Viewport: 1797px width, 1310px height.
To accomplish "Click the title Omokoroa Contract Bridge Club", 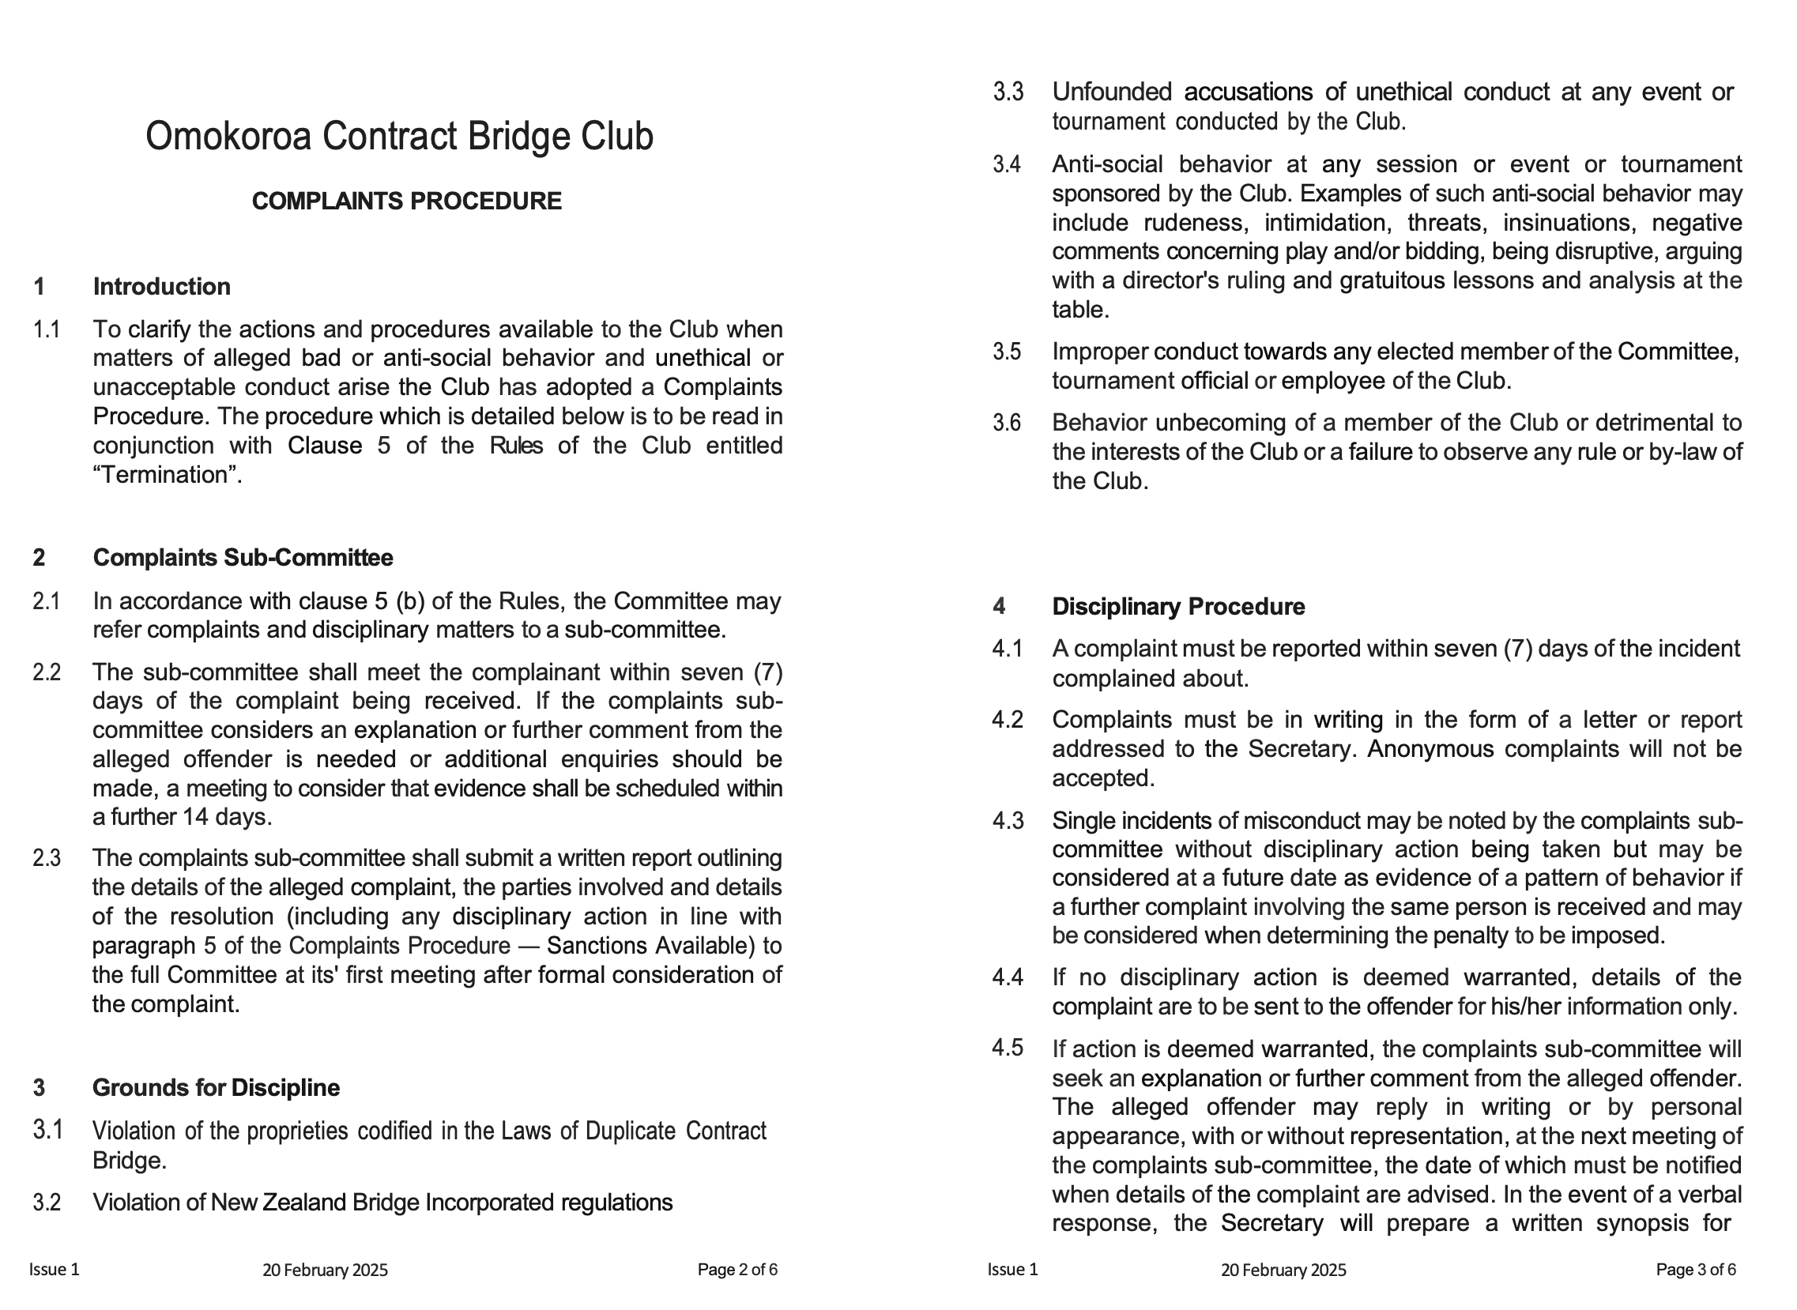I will point(399,137).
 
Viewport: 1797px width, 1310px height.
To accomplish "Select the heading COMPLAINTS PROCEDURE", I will point(406,201).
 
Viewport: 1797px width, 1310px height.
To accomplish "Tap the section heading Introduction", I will point(162,287).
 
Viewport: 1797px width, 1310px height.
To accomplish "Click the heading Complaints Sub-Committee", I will point(243,559).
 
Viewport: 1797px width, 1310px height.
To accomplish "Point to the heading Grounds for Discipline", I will point(216,1088).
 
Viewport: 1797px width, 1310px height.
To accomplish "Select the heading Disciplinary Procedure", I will point(1177,608).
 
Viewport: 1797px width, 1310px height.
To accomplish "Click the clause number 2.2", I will point(47,672).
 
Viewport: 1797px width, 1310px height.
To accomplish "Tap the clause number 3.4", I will point(1007,165).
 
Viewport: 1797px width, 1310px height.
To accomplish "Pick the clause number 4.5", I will point(1007,1049).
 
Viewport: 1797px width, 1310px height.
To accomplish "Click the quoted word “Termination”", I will point(167,476).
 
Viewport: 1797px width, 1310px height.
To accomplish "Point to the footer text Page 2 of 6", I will point(737,1270).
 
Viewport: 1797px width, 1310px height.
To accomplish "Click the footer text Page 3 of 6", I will point(1696,1270).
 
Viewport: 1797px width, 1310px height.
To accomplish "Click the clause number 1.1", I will point(47,329).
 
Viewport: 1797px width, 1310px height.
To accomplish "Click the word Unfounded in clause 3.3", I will point(1112,92).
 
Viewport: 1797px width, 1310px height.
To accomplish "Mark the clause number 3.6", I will point(1007,423).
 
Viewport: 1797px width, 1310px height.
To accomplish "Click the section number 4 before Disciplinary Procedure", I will point(999,608).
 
